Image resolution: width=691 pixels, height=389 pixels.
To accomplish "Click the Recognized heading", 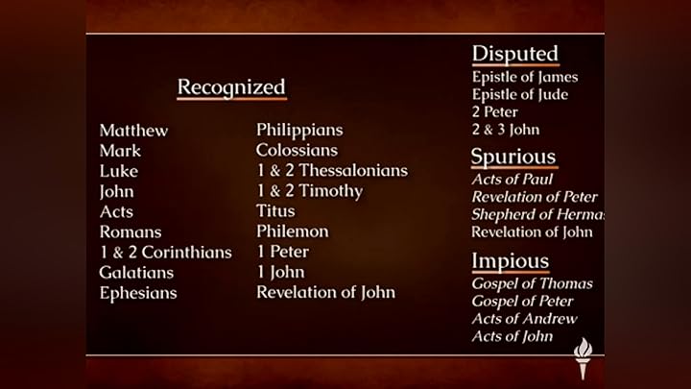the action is click(x=231, y=86).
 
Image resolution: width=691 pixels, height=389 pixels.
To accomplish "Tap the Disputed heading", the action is click(x=515, y=54).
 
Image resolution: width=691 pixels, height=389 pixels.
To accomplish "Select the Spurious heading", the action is click(x=513, y=157).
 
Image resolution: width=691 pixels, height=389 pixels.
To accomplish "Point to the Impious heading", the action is click(x=511, y=261).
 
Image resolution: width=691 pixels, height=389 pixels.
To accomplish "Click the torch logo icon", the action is click(x=583, y=357).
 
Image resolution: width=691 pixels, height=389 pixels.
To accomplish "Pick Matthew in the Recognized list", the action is click(x=133, y=131).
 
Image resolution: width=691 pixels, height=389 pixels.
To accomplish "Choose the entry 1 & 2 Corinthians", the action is click(x=166, y=253).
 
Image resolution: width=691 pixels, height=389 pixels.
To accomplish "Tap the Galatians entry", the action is click(x=136, y=273).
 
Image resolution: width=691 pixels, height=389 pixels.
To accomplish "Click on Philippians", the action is click(x=299, y=131).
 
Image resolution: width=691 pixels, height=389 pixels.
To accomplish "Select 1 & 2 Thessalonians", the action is click(x=332, y=171).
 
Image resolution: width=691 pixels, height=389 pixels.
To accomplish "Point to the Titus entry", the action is click(x=275, y=210).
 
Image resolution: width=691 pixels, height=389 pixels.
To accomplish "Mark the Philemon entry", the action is click(x=293, y=231).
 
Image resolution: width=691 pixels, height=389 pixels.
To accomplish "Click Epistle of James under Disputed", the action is click(x=525, y=77).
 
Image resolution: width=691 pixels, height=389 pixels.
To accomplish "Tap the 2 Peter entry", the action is click(x=495, y=112).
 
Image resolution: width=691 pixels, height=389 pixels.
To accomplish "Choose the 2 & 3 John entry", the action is click(x=506, y=130).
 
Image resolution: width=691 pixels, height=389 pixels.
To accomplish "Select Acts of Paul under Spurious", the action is click(x=512, y=179).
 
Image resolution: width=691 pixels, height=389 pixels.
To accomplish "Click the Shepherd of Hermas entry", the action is click(x=537, y=215).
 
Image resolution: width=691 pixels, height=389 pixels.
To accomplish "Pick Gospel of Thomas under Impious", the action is click(x=532, y=283).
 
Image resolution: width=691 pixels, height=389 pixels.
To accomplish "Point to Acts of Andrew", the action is click(x=524, y=319).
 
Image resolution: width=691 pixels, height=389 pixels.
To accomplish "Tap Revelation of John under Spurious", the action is click(x=532, y=232).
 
